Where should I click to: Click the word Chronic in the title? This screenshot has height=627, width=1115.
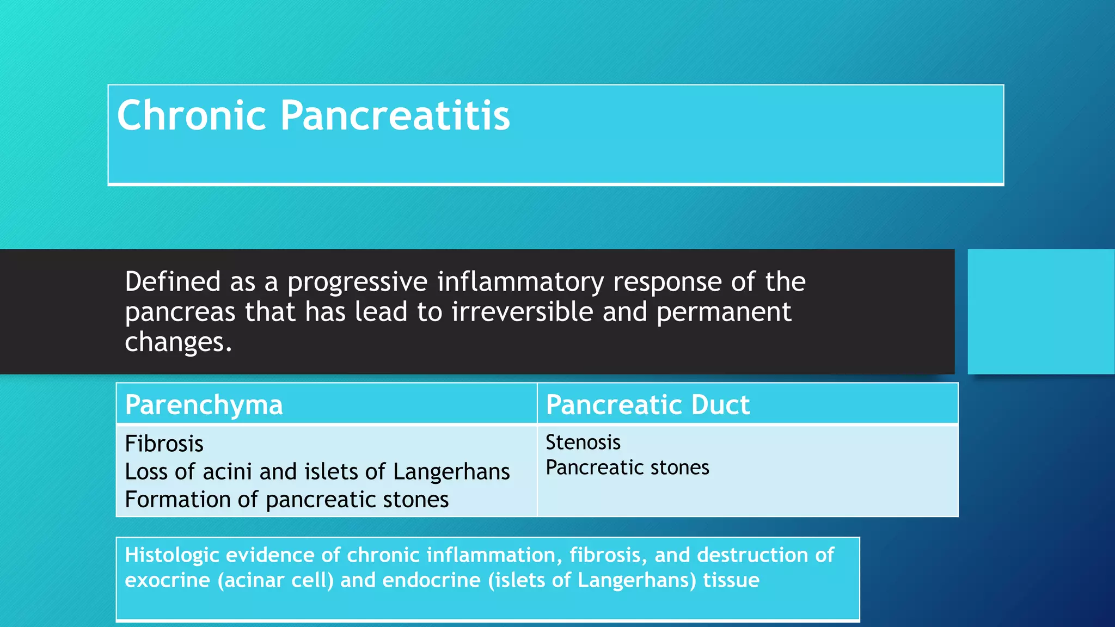pos(191,115)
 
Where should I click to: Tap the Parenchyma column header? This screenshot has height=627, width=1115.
pos(204,405)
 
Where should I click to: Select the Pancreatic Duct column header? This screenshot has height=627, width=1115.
pos(647,405)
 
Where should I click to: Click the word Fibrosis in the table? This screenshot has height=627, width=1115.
pos(164,444)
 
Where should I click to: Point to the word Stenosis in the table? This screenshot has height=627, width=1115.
pos(583,442)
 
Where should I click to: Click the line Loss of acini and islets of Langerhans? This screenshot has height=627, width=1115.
pos(317,471)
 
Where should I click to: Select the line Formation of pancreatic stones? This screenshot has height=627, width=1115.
pos(286,500)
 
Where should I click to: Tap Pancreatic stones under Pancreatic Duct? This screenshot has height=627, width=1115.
pos(627,468)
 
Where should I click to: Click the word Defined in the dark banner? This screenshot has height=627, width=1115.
pos(173,282)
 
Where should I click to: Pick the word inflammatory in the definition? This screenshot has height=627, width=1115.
pos(520,282)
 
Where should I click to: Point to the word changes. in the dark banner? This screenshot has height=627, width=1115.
pos(178,342)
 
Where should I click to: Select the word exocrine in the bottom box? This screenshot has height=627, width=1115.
pos(167,580)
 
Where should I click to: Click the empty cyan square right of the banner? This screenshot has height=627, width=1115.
pos(1040,311)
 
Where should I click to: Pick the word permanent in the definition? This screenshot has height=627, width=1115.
pos(724,312)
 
